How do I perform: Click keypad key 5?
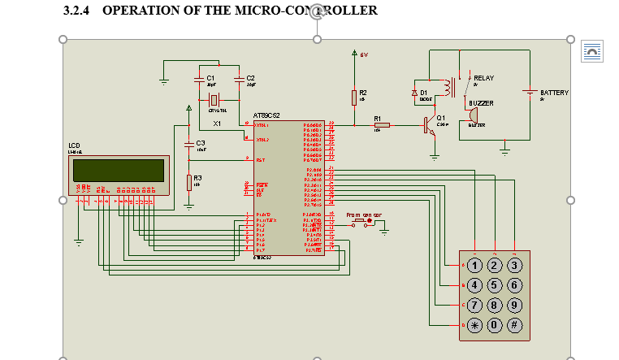pos(496,284)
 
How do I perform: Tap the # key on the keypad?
pos(514,324)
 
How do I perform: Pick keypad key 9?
pos(514,305)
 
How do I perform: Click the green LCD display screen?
pos(118,170)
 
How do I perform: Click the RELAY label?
pos(483,78)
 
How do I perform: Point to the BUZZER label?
pos(481,103)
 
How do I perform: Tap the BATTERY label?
pos(555,93)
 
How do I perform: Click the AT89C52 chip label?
pos(266,115)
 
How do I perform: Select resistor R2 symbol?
pos(354,97)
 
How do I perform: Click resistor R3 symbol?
pos(189,182)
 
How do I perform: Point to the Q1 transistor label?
pos(441,118)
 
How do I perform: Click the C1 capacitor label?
pos(210,77)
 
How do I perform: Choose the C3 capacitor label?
pos(201,143)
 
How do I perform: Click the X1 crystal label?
pos(217,124)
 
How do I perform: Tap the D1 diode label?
pos(424,93)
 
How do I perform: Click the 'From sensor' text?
pos(364,215)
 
